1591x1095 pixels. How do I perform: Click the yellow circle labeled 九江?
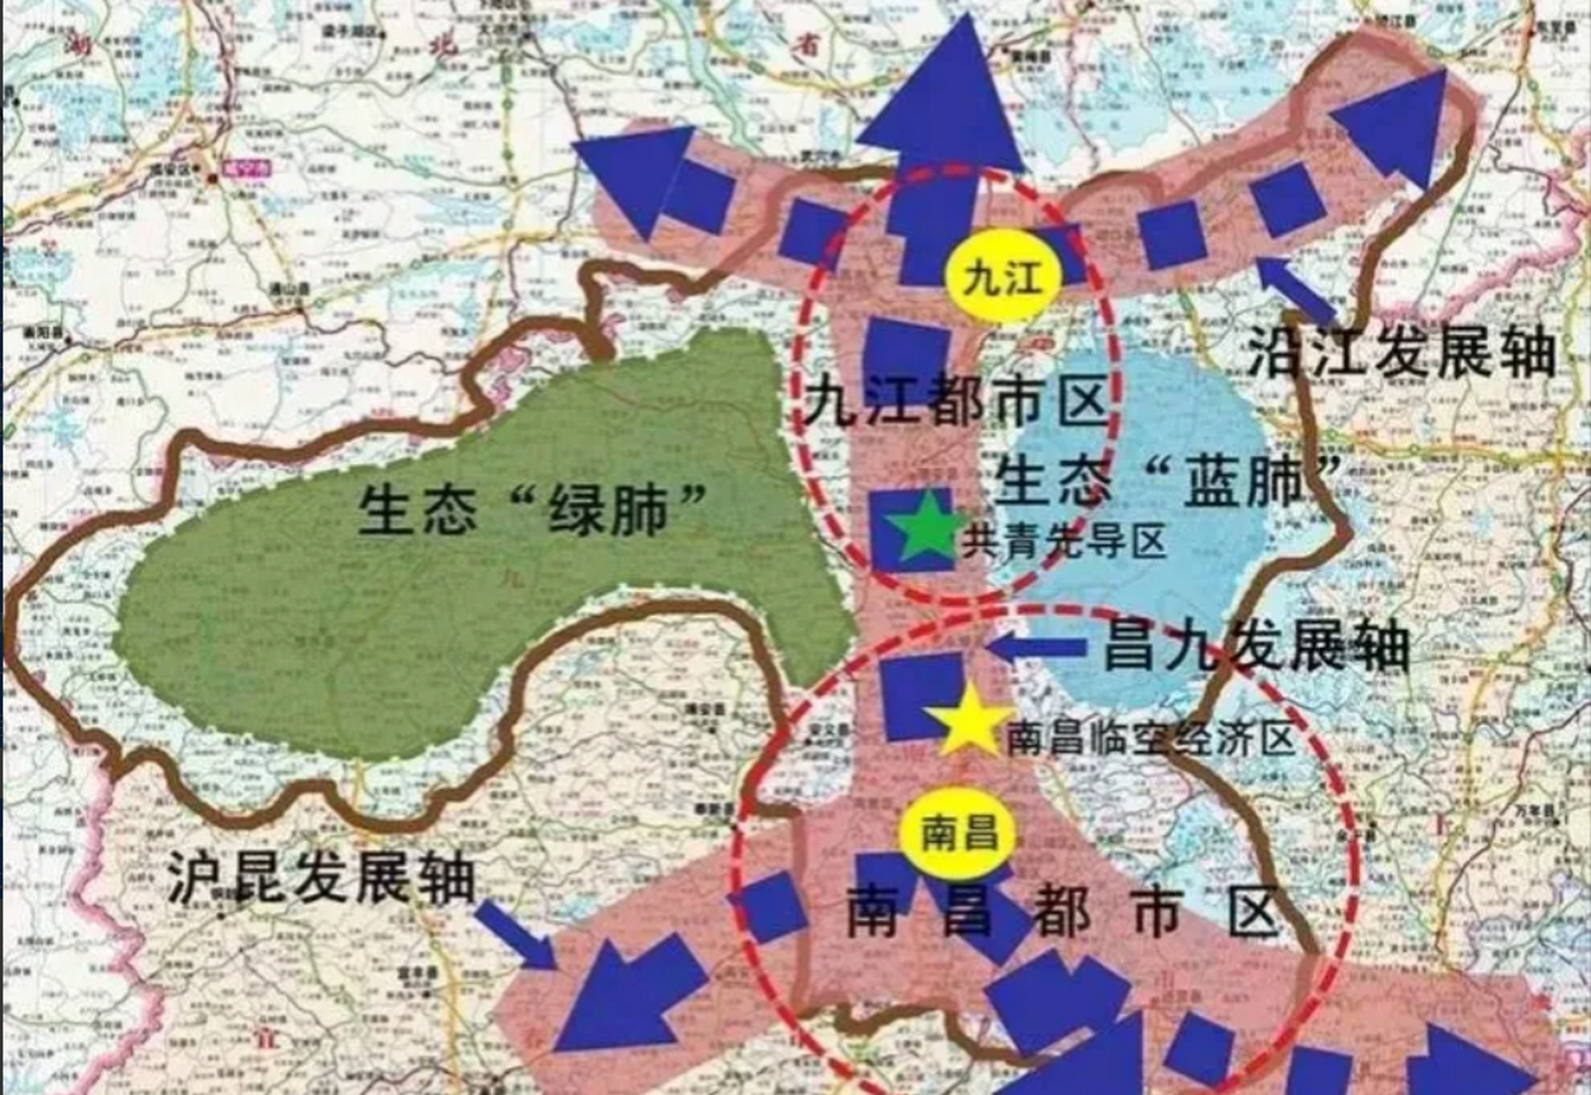[x=1003, y=277]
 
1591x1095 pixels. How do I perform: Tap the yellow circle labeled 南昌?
[x=959, y=833]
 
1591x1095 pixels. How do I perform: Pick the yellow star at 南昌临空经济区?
[x=970, y=723]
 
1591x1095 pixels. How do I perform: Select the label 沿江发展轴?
[x=1401, y=351]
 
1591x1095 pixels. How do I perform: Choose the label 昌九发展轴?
[x=1256, y=646]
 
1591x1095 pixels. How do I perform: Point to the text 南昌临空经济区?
[x=1150, y=738]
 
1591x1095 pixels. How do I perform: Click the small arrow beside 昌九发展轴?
[x=1035, y=648]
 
